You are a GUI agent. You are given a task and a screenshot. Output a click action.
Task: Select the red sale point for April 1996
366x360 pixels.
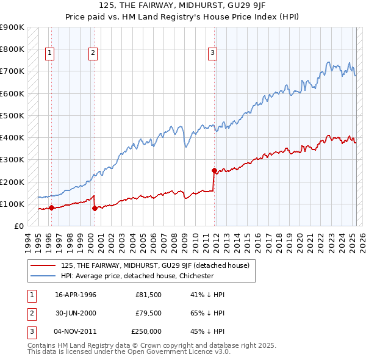pyautogui.click(x=51, y=207)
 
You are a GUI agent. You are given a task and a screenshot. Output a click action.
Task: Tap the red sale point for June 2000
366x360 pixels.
pyautogui.click(x=95, y=208)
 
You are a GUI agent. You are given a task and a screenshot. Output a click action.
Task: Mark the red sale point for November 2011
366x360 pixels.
pyautogui.click(x=214, y=170)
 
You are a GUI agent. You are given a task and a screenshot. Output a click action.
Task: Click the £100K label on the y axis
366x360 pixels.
pyautogui.click(x=13, y=204)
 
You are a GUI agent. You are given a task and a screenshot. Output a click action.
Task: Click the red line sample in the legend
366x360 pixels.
pyautogui.click(x=43, y=265)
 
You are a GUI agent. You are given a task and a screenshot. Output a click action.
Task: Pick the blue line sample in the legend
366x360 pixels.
pyautogui.click(x=43, y=276)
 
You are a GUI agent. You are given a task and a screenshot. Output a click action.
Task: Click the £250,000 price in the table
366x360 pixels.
pyautogui.click(x=146, y=331)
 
